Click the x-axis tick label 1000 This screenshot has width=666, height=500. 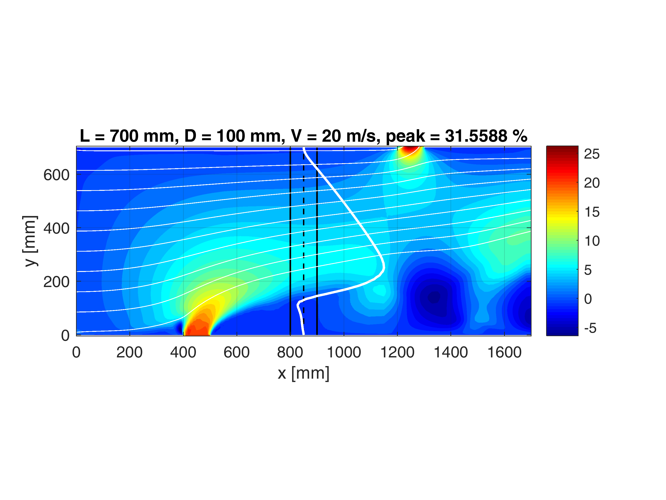click(x=344, y=353)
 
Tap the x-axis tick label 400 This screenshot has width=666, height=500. click(x=183, y=353)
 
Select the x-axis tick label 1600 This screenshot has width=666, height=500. click(x=504, y=353)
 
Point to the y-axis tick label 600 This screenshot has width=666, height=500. click(x=56, y=175)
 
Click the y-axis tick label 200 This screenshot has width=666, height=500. click(x=56, y=282)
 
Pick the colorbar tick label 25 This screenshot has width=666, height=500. click(x=592, y=154)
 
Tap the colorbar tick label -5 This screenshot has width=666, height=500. click(x=590, y=328)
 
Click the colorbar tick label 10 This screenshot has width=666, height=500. click(x=592, y=241)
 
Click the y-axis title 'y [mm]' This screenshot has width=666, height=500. click(x=30, y=241)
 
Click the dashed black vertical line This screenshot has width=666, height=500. click(x=303, y=241)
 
